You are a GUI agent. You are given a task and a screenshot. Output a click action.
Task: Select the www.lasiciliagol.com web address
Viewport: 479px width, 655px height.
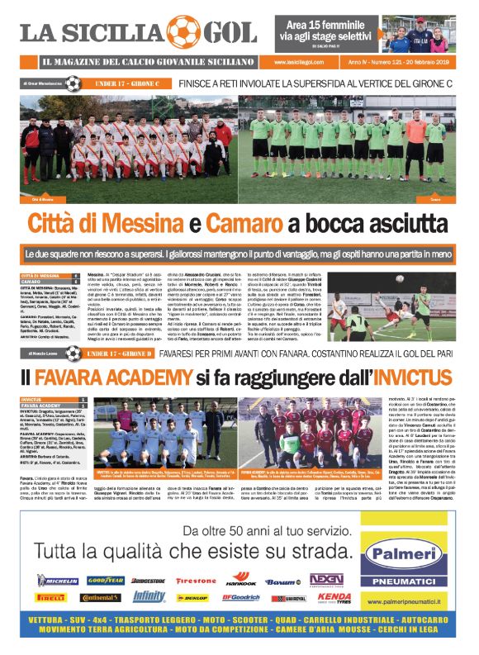pos(300,62)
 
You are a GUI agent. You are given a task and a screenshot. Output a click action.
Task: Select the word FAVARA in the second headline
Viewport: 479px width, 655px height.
pos(81,380)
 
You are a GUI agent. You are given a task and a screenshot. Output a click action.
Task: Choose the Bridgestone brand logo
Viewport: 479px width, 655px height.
pos(149,581)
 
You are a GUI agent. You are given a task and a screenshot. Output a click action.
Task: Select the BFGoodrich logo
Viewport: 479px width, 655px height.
pos(241,596)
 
